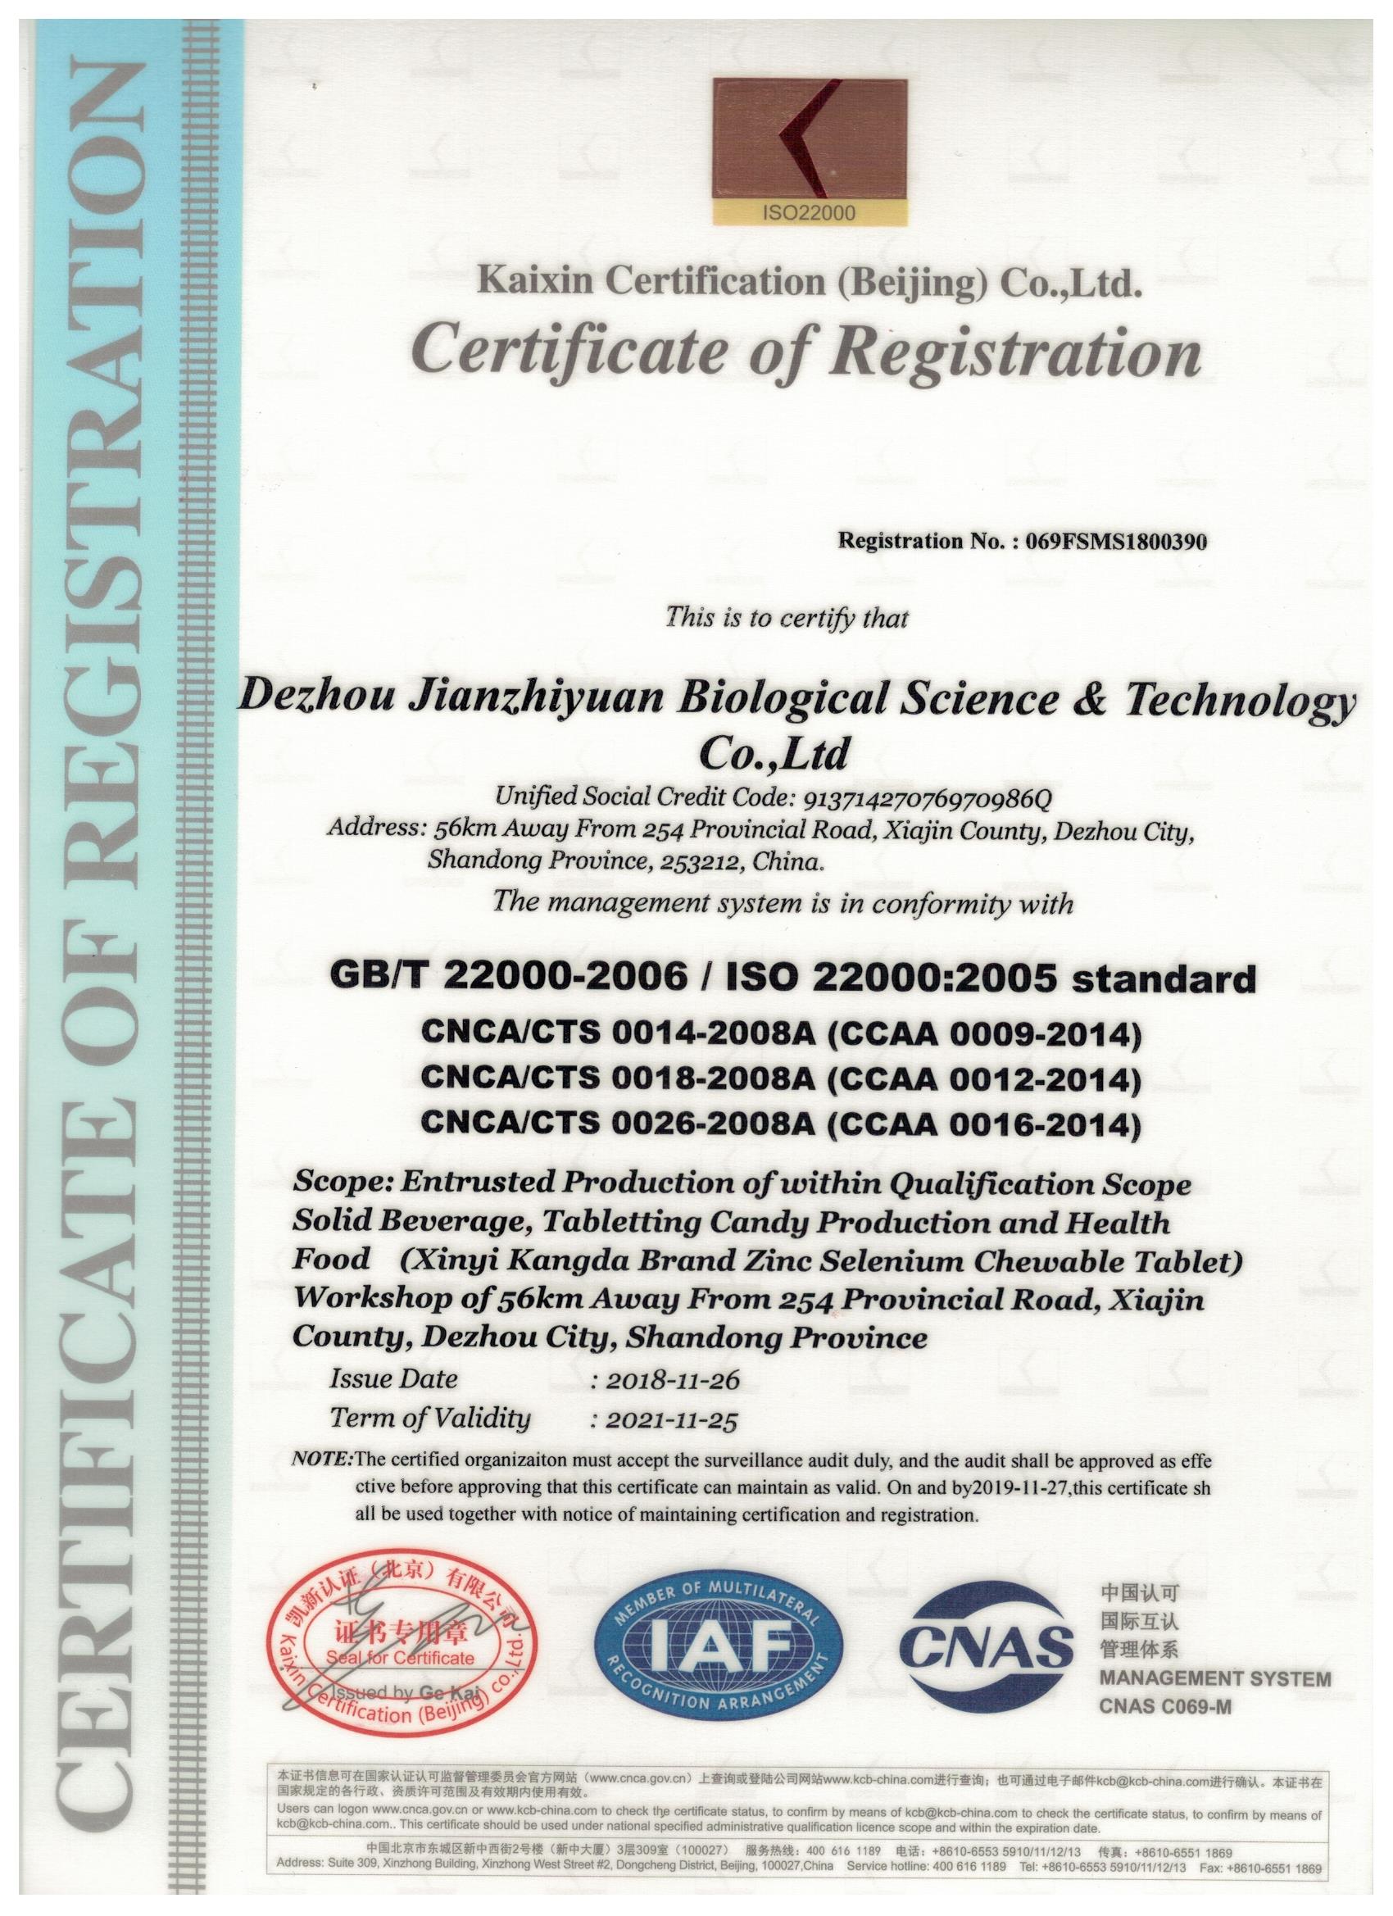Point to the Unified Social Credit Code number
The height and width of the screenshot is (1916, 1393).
(927, 796)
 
